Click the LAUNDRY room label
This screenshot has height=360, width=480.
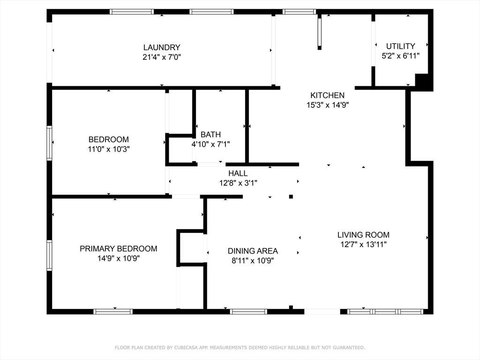tap(162, 47)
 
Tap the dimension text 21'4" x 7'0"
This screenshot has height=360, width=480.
tap(162, 57)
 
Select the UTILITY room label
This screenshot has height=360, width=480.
tap(400, 46)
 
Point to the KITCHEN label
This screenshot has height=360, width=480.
tap(327, 95)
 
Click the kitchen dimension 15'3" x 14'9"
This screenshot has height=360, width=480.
tap(327, 105)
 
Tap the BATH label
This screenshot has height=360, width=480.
tap(210, 135)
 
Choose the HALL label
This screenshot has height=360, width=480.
tap(238, 173)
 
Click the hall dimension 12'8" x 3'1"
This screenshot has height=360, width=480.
tap(238, 183)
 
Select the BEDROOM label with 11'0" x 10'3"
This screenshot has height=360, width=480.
tap(108, 139)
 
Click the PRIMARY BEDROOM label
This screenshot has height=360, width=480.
tap(118, 248)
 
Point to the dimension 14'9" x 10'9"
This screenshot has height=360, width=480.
tap(118, 258)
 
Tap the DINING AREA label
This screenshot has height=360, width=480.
tap(253, 251)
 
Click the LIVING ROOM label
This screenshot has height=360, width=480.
tap(363, 235)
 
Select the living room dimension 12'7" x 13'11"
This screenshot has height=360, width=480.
tap(363, 244)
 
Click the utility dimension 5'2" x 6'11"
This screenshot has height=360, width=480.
tap(400, 55)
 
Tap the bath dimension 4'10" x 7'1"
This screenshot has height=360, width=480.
tap(210, 144)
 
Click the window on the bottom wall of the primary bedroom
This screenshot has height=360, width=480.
tap(113, 311)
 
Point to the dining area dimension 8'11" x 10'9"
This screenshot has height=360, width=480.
tap(253, 261)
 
